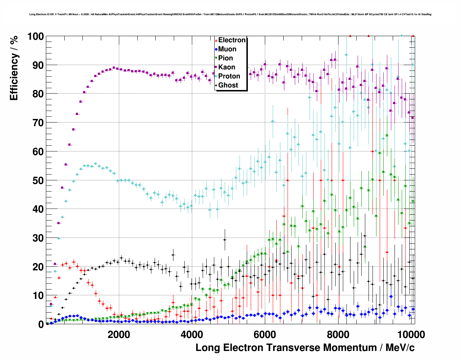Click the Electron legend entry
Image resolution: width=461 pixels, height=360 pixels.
click(x=232, y=40)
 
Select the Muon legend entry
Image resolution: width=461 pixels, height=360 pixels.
click(x=227, y=49)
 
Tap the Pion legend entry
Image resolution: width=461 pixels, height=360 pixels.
click(x=225, y=58)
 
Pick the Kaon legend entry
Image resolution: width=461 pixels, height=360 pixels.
click(x=227, y=67)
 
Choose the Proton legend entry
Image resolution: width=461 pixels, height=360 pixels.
click(x=229, y=76)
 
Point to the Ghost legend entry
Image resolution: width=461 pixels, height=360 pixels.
click(x=228, y=85)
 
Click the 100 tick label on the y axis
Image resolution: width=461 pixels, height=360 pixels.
click(x=35, y=37)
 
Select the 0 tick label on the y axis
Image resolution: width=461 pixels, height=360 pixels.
click(x=41, y=324)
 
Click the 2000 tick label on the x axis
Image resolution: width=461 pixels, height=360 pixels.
click(x=119, y=334)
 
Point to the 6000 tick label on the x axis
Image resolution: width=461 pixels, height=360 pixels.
click(x=265, y=334)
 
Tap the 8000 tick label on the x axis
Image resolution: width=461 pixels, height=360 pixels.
click(x=338, y=334)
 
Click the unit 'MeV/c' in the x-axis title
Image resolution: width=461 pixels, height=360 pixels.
click(x=400, y=348)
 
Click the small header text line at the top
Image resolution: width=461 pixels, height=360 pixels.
click(x=230, y=14)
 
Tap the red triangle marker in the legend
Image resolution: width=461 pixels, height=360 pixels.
click(x=216, y=40)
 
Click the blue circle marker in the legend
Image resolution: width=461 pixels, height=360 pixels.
click(x=216, y=50)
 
